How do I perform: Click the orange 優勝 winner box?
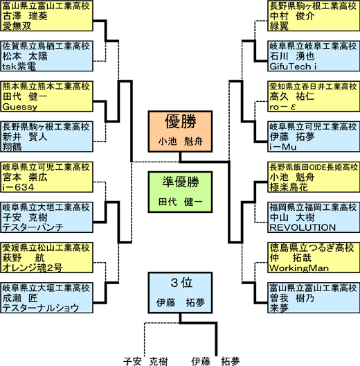[x=180, y=132]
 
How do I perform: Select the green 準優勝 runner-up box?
[x=180, y=192]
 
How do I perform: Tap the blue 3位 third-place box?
[x=180, y=293]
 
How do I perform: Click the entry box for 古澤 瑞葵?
[x=46, y=16]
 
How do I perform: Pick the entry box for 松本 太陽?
[x=46, y=56]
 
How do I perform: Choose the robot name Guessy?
[x=20, y=107]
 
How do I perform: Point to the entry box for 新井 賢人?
[x=46, y=137]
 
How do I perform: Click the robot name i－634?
[x=18, y=187]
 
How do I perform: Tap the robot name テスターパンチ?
[x=33, y=227]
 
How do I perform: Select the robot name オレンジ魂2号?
[x=33, y=268]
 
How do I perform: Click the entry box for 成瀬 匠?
[x=46, y=298]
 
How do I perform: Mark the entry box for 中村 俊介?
[x=314, y=16]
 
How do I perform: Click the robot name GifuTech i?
[x=293, y=67]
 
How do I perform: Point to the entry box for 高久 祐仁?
[x=314, y=96]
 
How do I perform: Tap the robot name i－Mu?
[x=283, y=147]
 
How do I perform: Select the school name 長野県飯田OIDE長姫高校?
[x=314, y=167]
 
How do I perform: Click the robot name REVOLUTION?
[x=303, y=227]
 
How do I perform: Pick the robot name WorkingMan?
[x=299, y=268]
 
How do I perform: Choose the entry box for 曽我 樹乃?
[x=314, y=298]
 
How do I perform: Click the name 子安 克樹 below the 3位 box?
[x=145, y=361]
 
